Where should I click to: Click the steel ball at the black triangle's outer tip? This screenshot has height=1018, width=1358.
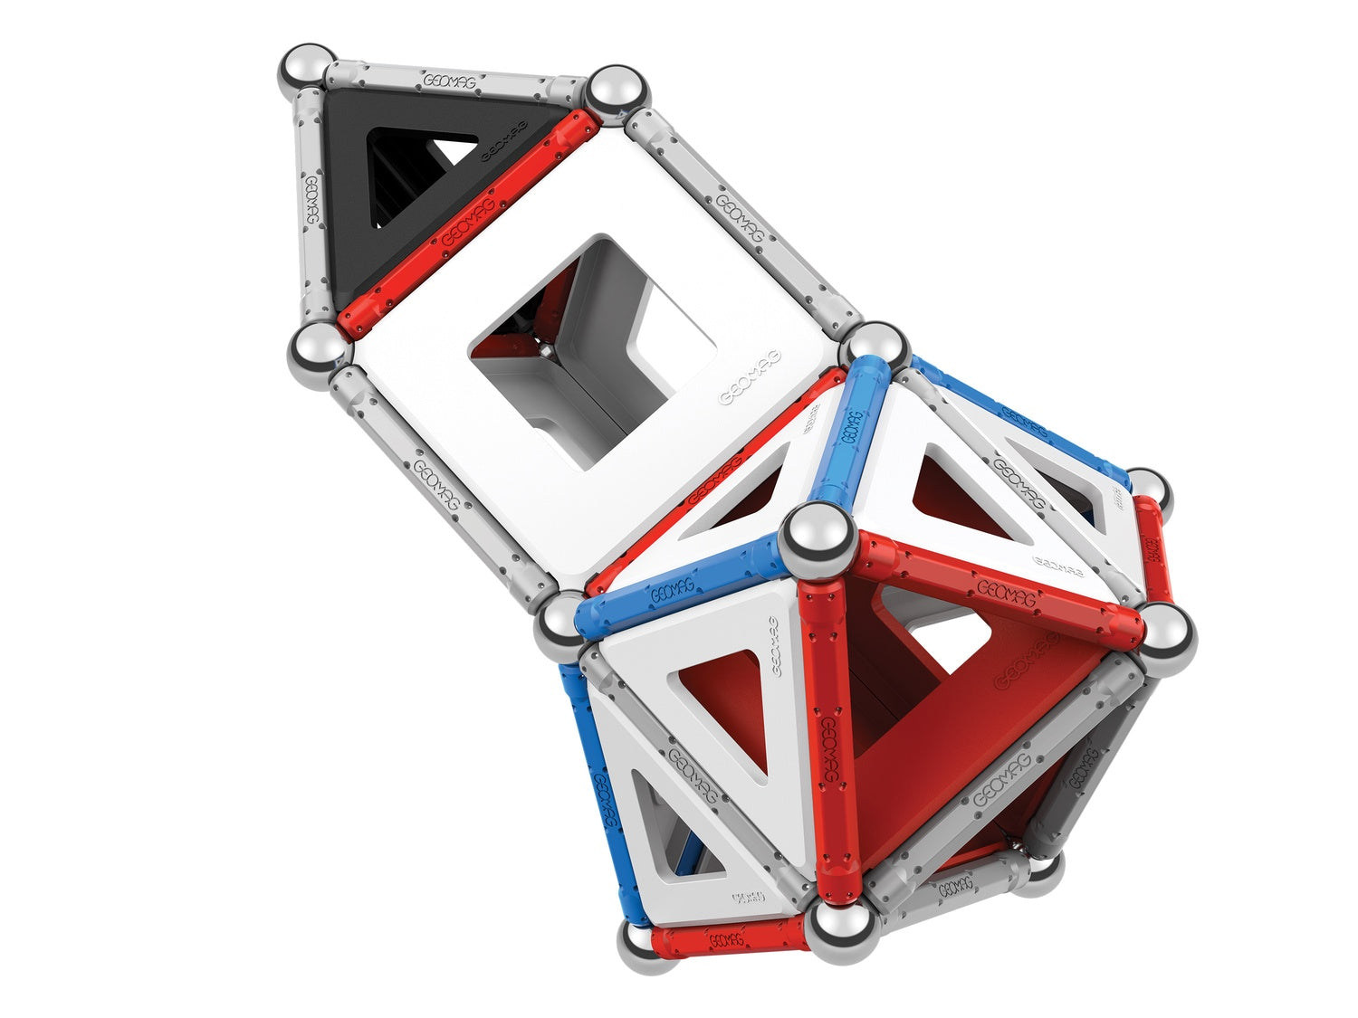pos(305,68)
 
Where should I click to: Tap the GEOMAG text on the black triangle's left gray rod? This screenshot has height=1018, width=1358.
pos(311,201)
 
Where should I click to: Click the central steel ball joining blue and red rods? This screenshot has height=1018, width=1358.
pos(818,538)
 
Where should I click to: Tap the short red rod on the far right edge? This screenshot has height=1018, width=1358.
pos(1152,547)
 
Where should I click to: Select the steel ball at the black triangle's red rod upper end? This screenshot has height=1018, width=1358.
pos(618,90)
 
